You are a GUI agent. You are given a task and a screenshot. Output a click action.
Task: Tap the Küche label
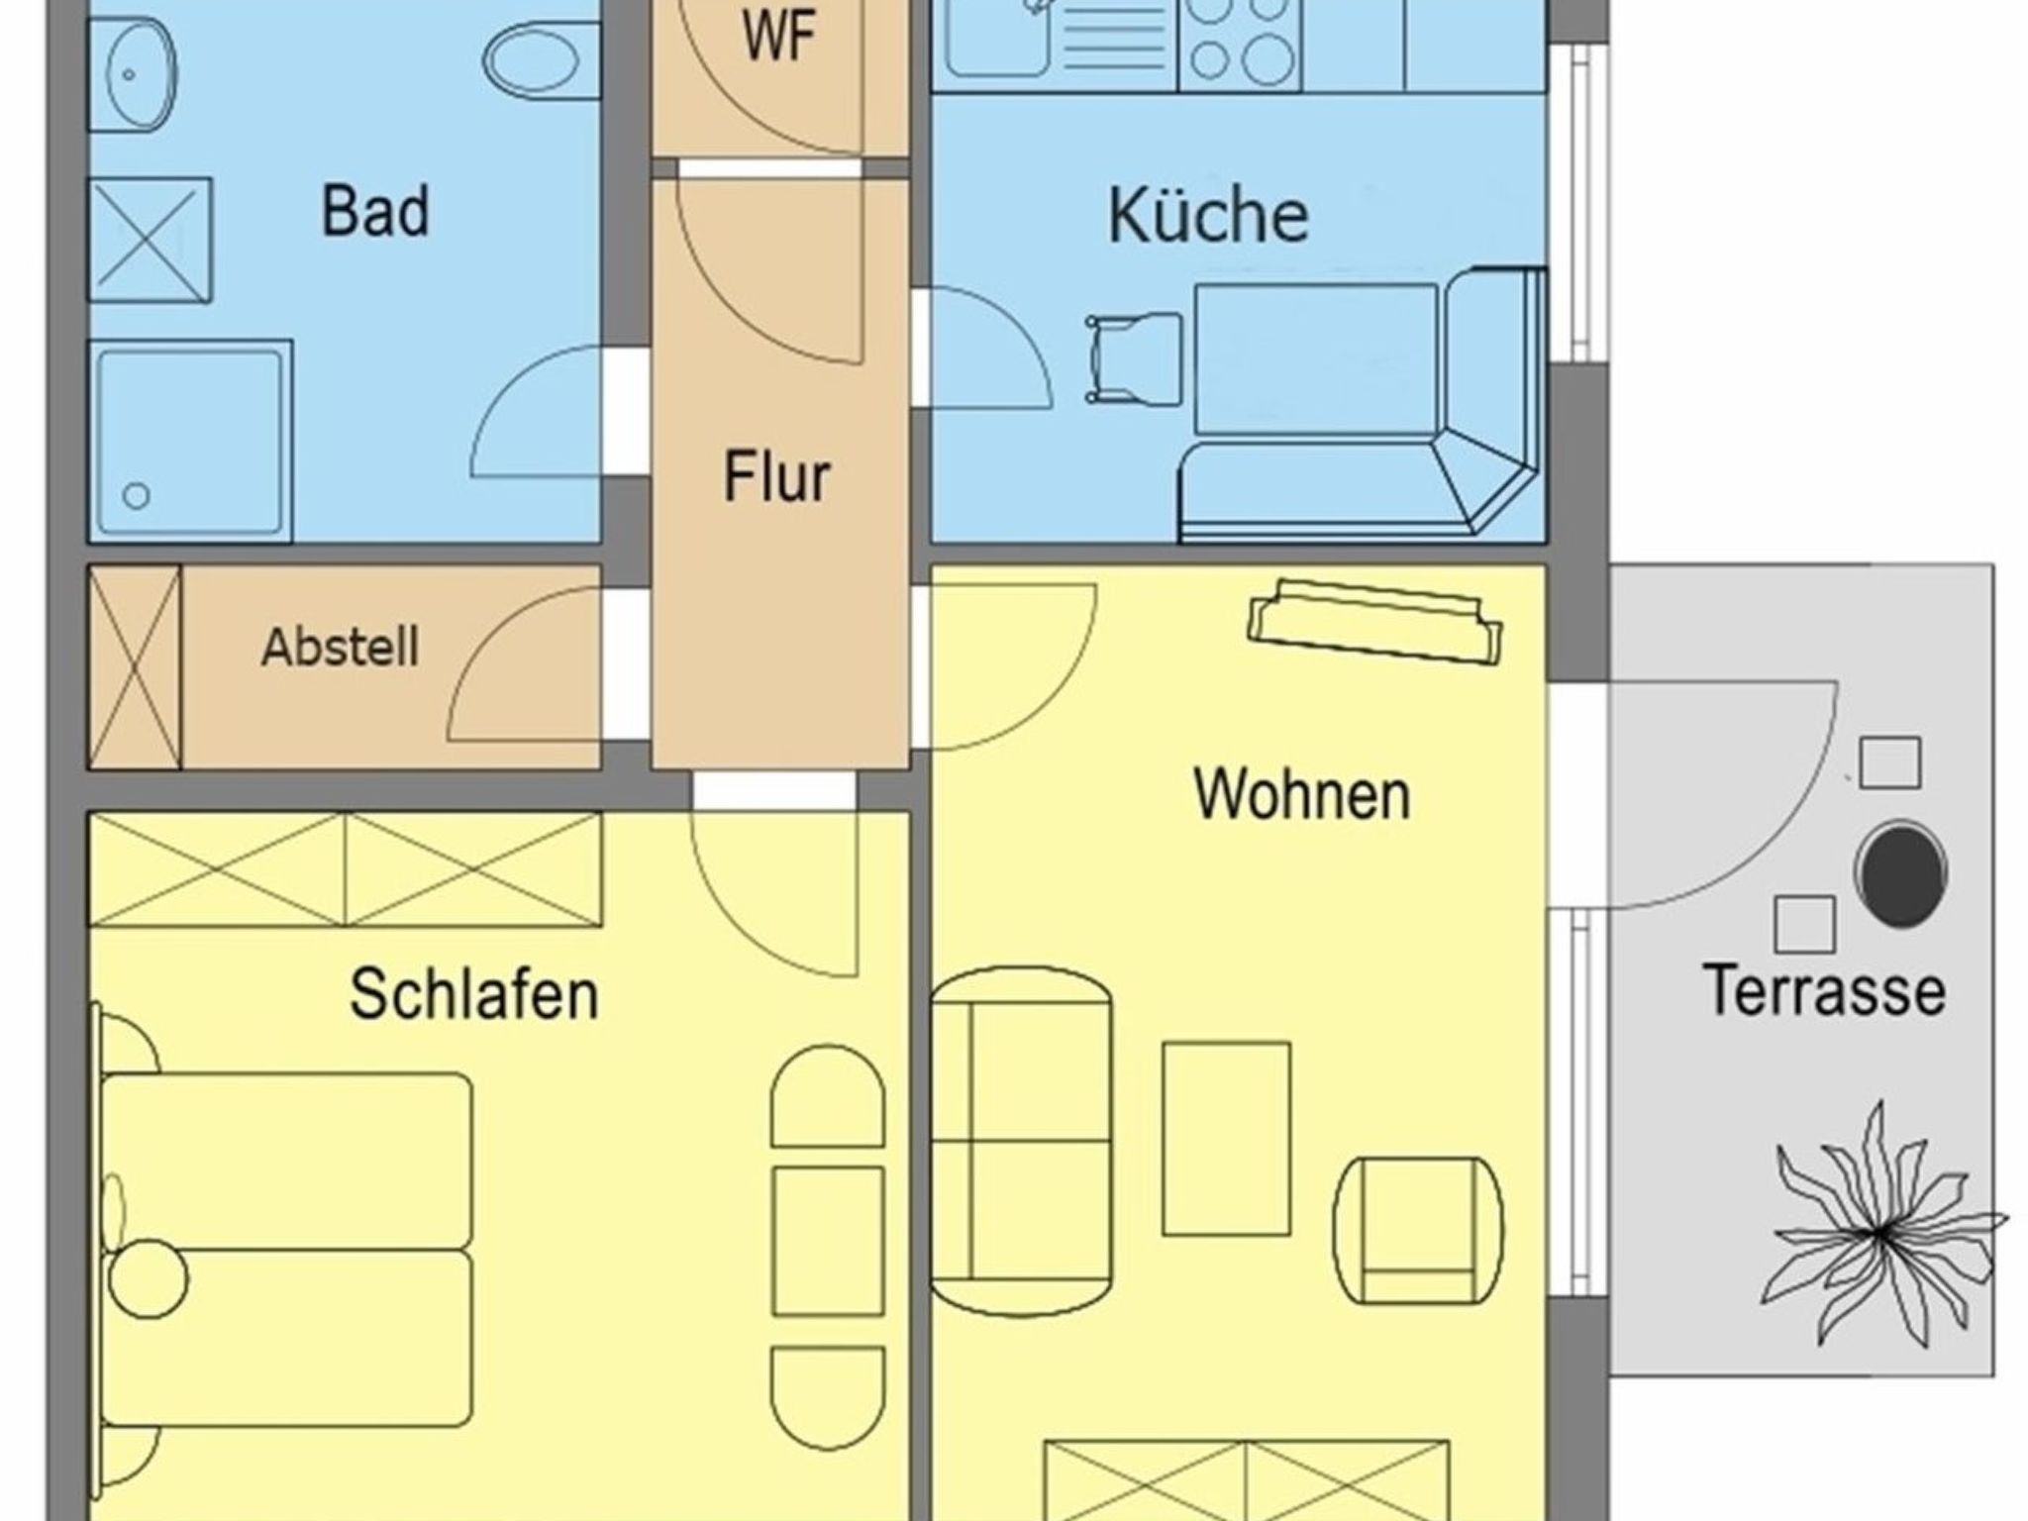coord(1207,216)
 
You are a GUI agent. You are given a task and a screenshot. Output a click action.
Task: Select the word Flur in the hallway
coord(776,477)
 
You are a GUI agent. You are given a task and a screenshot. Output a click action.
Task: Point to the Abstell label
coord(340,648)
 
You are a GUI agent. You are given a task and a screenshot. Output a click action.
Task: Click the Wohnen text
coord(1301,794)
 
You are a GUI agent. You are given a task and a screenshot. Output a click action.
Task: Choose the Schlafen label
coord(474,993)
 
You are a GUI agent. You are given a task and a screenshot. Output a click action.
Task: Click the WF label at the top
coord(779,38)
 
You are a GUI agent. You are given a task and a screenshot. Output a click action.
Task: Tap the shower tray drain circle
coord(137,495)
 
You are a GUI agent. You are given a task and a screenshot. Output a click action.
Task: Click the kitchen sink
coord(995,40)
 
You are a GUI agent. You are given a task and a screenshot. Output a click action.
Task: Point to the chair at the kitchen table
coord(1134,358)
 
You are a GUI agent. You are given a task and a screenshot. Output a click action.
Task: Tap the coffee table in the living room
coord(1226,1138)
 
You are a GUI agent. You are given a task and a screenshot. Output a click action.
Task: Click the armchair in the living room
coord(1418,1230)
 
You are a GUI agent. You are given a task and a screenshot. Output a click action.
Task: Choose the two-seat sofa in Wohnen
coord(1022,1140)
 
